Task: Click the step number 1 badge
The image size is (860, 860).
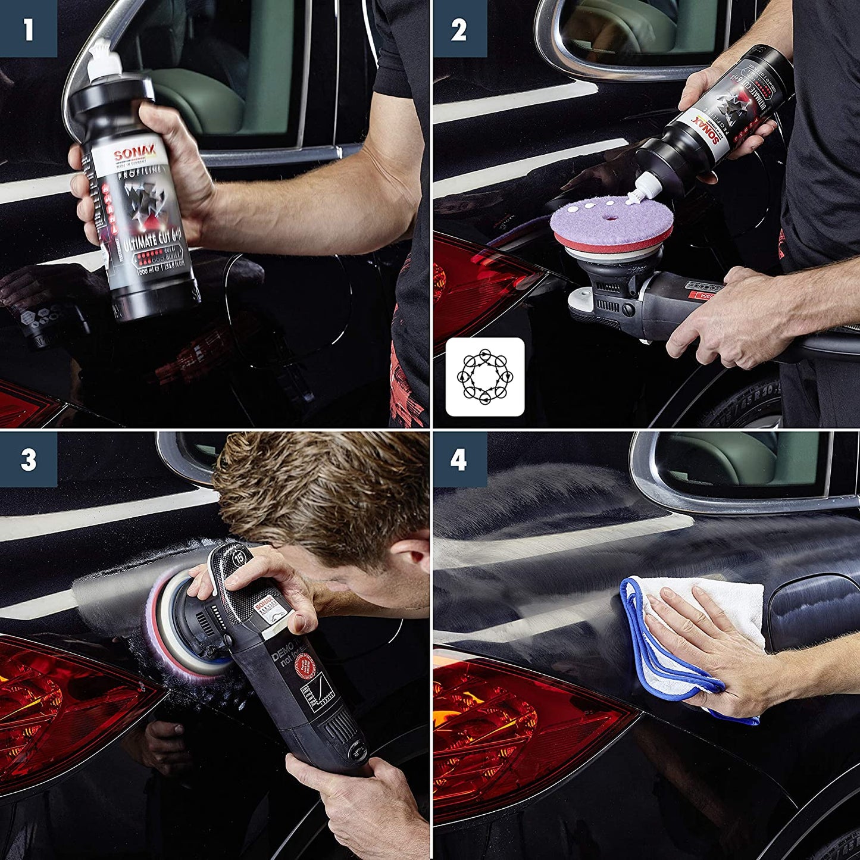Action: [x=28, y=29]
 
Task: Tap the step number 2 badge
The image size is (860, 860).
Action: [x=459, y=29]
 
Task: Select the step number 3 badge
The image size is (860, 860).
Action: [x=28, y=459]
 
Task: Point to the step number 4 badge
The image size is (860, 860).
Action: [x=459, y=459]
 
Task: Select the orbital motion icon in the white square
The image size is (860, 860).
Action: [x=485, y=377]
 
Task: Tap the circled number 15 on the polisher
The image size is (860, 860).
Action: [x=239, y=558]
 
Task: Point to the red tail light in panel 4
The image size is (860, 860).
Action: [x=512, y=726]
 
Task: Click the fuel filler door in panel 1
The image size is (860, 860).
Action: [x=292, y=304]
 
